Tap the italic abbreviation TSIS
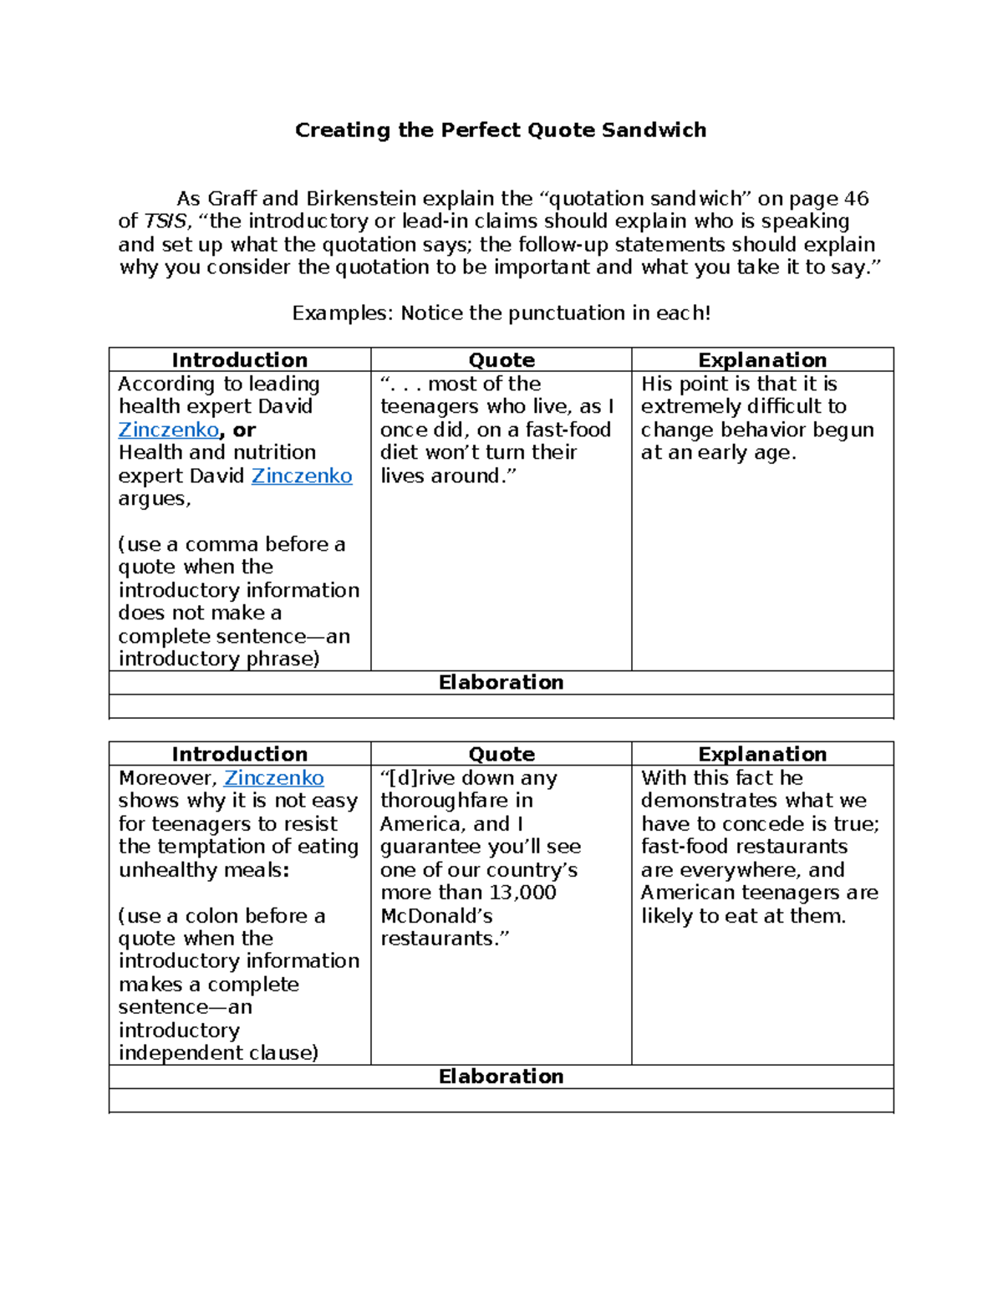click(x=165, y=221)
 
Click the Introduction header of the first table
click(x=240, y=360)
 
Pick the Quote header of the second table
click(x=501, y=754)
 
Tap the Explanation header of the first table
click(x=762, y=360)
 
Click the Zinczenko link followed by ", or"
click(x=168, y=430)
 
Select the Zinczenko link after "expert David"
click(x=302, y=476)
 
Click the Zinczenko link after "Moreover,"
click(x=274, y=778)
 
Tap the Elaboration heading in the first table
click(x=501, y=683)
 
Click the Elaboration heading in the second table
click(x=501, y=1077)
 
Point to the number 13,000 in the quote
click(x=522, y=893)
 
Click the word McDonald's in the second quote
click(x=436, y=916)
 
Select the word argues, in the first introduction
click(x=155, y=499)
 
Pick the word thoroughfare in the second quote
click(x=445, y=801)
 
